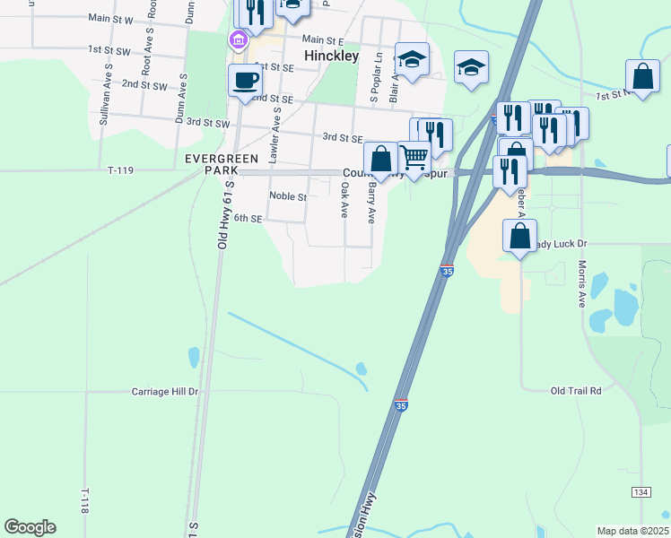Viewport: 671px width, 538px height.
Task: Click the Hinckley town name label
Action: [331, 56]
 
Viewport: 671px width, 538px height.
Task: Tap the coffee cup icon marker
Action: [245, 81]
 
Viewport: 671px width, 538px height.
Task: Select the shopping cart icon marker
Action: [414, 158]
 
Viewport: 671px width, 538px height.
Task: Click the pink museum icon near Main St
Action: [238, 39]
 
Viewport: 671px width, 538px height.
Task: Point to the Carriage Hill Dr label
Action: [165, 392]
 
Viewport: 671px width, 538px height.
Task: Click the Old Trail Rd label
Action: [576, 391]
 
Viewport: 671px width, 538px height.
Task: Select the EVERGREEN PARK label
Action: [212, 163]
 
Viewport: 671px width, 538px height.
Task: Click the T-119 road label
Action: [120, 169]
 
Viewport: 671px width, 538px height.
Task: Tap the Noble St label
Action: [288, 196]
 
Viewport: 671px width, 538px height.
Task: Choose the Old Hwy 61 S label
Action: [224, 214]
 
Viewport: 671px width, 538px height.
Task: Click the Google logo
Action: [30, 527]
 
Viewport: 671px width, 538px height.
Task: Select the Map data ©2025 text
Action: [632, 531]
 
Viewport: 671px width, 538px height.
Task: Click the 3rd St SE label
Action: [342, 138]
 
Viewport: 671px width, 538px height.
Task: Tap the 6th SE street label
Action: [248, 218]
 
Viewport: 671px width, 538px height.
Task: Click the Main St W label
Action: [111, 18]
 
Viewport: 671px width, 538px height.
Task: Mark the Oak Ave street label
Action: [344, 201]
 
